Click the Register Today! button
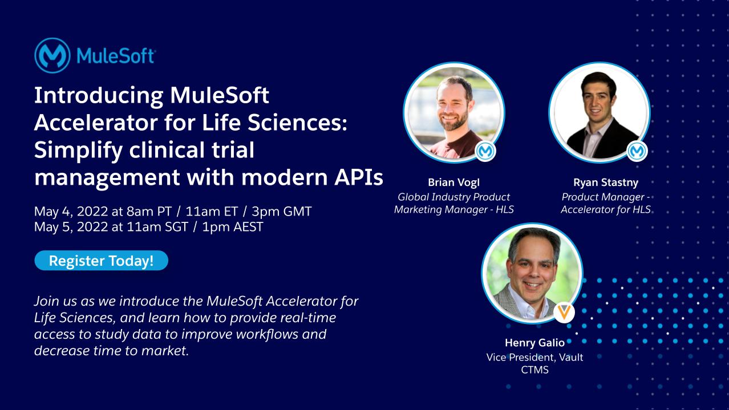[x=101, y=261]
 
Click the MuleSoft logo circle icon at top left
[x=52, y=56]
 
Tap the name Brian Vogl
[x=453, y=183]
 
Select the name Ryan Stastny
[x=605, y=183]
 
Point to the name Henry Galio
[x=534, y=343]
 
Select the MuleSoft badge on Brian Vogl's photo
[x=485, y=151]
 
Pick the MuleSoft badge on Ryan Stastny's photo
[x=637, y=151]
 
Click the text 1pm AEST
[x=234, y=226]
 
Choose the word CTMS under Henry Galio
[x=534, y=370]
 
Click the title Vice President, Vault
[x=534, y=357]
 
